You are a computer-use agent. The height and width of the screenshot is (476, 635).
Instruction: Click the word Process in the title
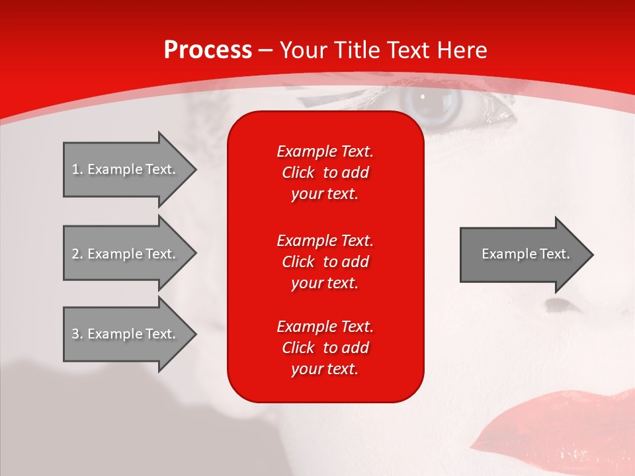[x=208, y=50]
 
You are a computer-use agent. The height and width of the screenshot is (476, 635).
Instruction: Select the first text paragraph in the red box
[x=325, y=173]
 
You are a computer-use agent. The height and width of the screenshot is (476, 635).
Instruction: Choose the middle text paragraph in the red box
[x=325, y=262]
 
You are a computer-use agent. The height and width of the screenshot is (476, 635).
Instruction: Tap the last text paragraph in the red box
[x=325, y=348]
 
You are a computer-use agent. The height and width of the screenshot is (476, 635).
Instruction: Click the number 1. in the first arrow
[x=77, y=169]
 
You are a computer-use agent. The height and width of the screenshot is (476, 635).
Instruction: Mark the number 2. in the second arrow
[x=77, y=254]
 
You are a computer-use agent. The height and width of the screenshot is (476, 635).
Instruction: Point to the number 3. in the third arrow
[x=77, y=334]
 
